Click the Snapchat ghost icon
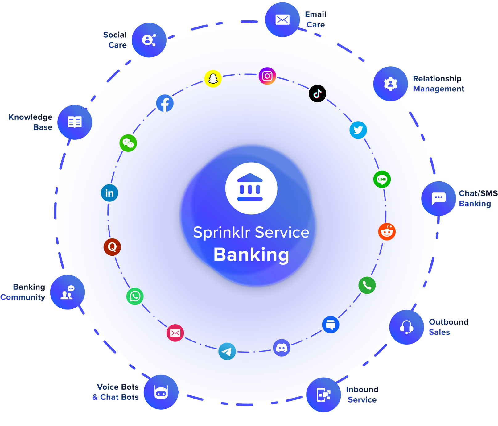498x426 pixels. pos(213,79)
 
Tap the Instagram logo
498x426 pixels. pos(267,76)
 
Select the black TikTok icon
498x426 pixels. pos(317,93)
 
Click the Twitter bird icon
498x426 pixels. pos(358,130)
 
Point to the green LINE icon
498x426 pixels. pos(382,179)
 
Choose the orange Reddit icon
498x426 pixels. pos(387,232)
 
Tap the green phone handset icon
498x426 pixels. pos(367,285)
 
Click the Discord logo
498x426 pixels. pos(282,348)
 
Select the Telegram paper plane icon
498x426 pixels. pos(227,351)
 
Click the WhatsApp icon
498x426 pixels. pos(135,296)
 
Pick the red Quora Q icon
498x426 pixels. pos(112,247)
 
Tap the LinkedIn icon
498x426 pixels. pos(109,193)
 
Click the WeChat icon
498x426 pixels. pos(128,143)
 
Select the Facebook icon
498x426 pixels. pos(165,103)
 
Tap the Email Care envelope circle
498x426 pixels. pos(282,20)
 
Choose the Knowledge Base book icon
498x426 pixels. pos(75,122)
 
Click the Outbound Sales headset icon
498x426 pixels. pos(406,327)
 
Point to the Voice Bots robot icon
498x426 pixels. pos(161,392)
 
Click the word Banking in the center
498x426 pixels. pos(251,255)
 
